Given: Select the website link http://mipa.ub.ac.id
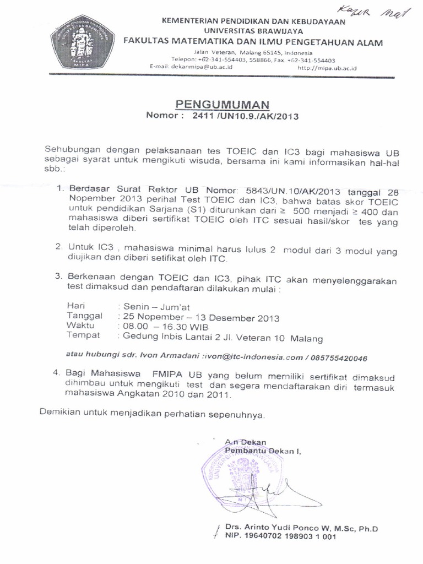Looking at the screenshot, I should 327,67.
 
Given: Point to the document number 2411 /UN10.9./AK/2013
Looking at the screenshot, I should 245,116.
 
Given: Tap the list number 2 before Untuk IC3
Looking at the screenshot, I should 58,248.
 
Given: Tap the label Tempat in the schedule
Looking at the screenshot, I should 83,337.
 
